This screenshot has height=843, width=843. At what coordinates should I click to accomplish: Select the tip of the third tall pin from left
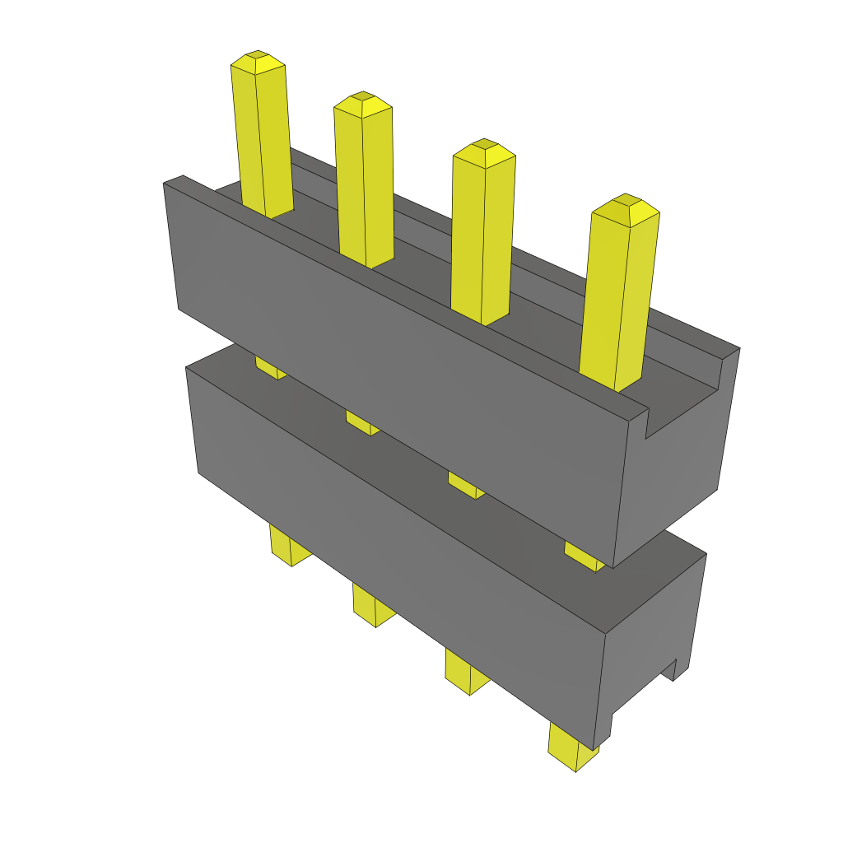pyautogui.click(x=483, y=149)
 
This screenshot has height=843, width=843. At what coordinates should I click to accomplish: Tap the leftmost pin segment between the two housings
pyautogui.click(x=270, y=367)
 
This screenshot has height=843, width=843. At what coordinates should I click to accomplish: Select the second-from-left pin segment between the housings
pyautogui.click(x=362, y=423)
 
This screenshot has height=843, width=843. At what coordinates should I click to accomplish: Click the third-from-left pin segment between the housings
pyautogui.click(x=465, y=485)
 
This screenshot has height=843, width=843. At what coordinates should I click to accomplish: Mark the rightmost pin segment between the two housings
pyautogui.click(x=584, y=556)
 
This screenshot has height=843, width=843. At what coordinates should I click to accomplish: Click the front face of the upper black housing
pyautogui.click(x=395, y=370)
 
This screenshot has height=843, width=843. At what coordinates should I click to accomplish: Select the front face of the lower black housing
pyautogui.click(x=395, y=543)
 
